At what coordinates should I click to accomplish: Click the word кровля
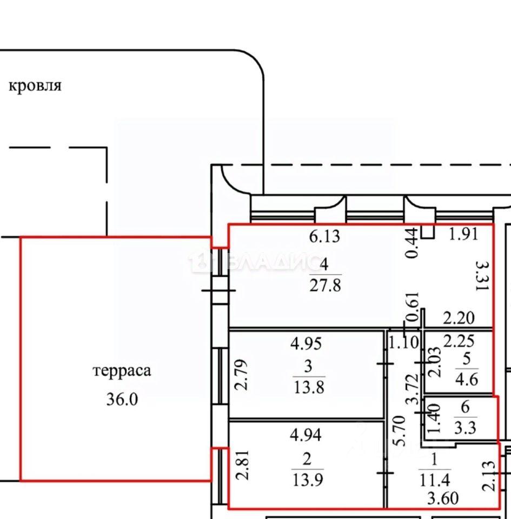coord(35,86)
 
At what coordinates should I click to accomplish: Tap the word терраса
coord(122,370)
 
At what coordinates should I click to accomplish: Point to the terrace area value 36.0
coord(122,399)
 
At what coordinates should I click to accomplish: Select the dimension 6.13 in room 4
coord(324,236)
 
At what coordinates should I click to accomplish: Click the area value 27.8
coord(325,285)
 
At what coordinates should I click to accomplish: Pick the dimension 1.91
coord(463,234)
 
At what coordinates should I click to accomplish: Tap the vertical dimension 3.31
coord(482,275)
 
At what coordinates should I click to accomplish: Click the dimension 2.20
coord(459,318)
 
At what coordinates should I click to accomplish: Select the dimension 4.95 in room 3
coord(306,344)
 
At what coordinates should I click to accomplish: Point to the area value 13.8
coord(309,387)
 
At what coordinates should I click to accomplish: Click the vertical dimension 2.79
coord(241,374)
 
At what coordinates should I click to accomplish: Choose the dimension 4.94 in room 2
coord(306,435)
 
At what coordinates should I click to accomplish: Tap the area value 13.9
coord(308,480)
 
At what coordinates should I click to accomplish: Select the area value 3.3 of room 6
coord(465,428)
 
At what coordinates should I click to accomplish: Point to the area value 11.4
coord(435,480)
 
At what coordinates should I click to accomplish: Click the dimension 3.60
coord(443,498)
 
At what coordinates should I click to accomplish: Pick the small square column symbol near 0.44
coord(428,232)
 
